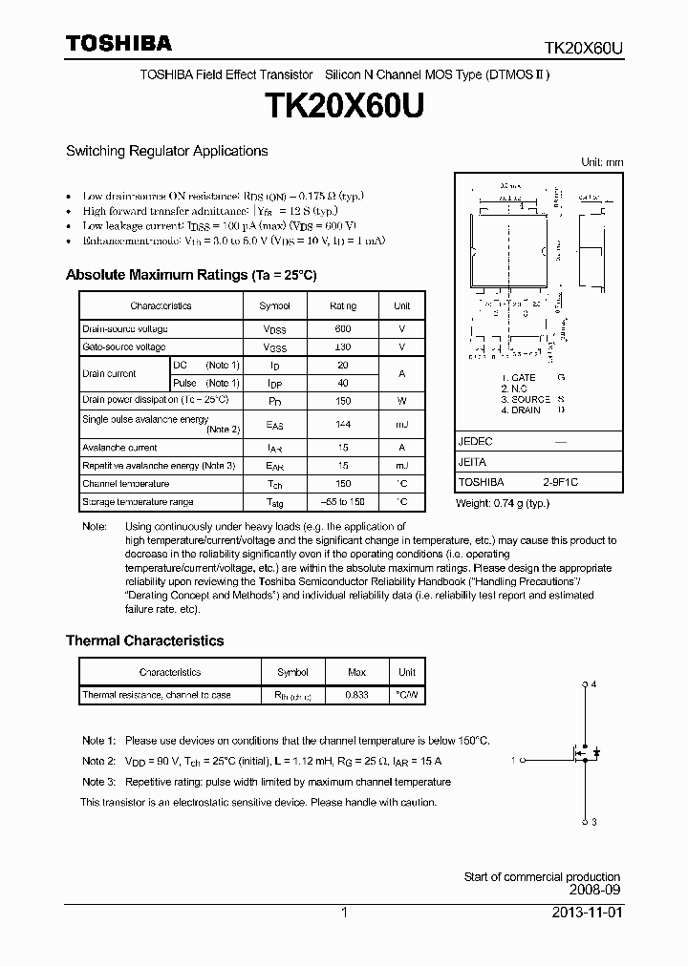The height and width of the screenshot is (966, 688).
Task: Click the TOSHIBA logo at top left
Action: [118, 43]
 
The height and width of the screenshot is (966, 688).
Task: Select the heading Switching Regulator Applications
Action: [166, 151]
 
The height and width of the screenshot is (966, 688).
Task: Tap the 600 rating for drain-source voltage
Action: [343, 328]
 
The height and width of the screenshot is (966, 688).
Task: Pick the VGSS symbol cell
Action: [274, 347]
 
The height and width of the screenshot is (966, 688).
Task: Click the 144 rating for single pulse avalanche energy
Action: [343, 423]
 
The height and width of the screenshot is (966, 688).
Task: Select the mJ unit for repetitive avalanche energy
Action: [401, 466]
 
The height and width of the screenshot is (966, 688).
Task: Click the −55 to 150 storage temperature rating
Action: [343, 502]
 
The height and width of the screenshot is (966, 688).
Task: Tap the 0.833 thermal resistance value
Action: [355, 695]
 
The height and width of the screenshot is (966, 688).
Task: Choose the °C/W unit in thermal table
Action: [407, 695]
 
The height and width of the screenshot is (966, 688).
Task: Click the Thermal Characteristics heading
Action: [144, 640]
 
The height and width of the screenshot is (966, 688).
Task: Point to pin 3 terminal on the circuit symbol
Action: [585, 821]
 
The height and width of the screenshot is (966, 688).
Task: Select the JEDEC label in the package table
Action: [475, 443]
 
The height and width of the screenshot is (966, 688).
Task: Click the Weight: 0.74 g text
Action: [502, 503]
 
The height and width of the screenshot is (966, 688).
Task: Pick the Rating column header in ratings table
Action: [343, 305]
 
